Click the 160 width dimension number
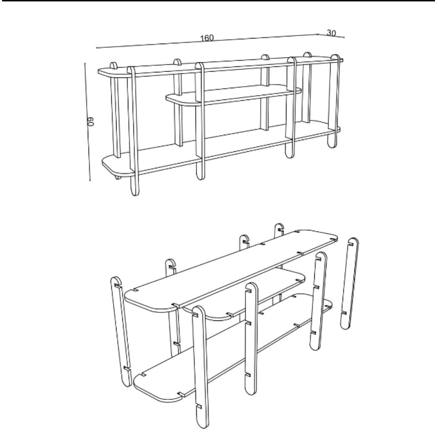click(207, 38)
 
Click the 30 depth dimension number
click(331, 33)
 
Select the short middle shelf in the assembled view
click(235, 94)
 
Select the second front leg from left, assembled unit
click(200, 121)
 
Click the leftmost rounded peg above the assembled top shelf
click(114, 66)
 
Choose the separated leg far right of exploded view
click(349, 283)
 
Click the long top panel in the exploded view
click(235, 267)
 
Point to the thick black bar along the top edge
click(218, 1)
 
